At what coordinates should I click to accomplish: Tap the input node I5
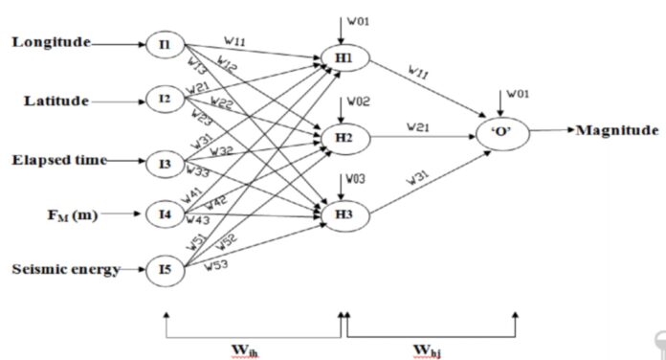tap(164, 270)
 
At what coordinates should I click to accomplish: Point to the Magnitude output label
tap(617, 129)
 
